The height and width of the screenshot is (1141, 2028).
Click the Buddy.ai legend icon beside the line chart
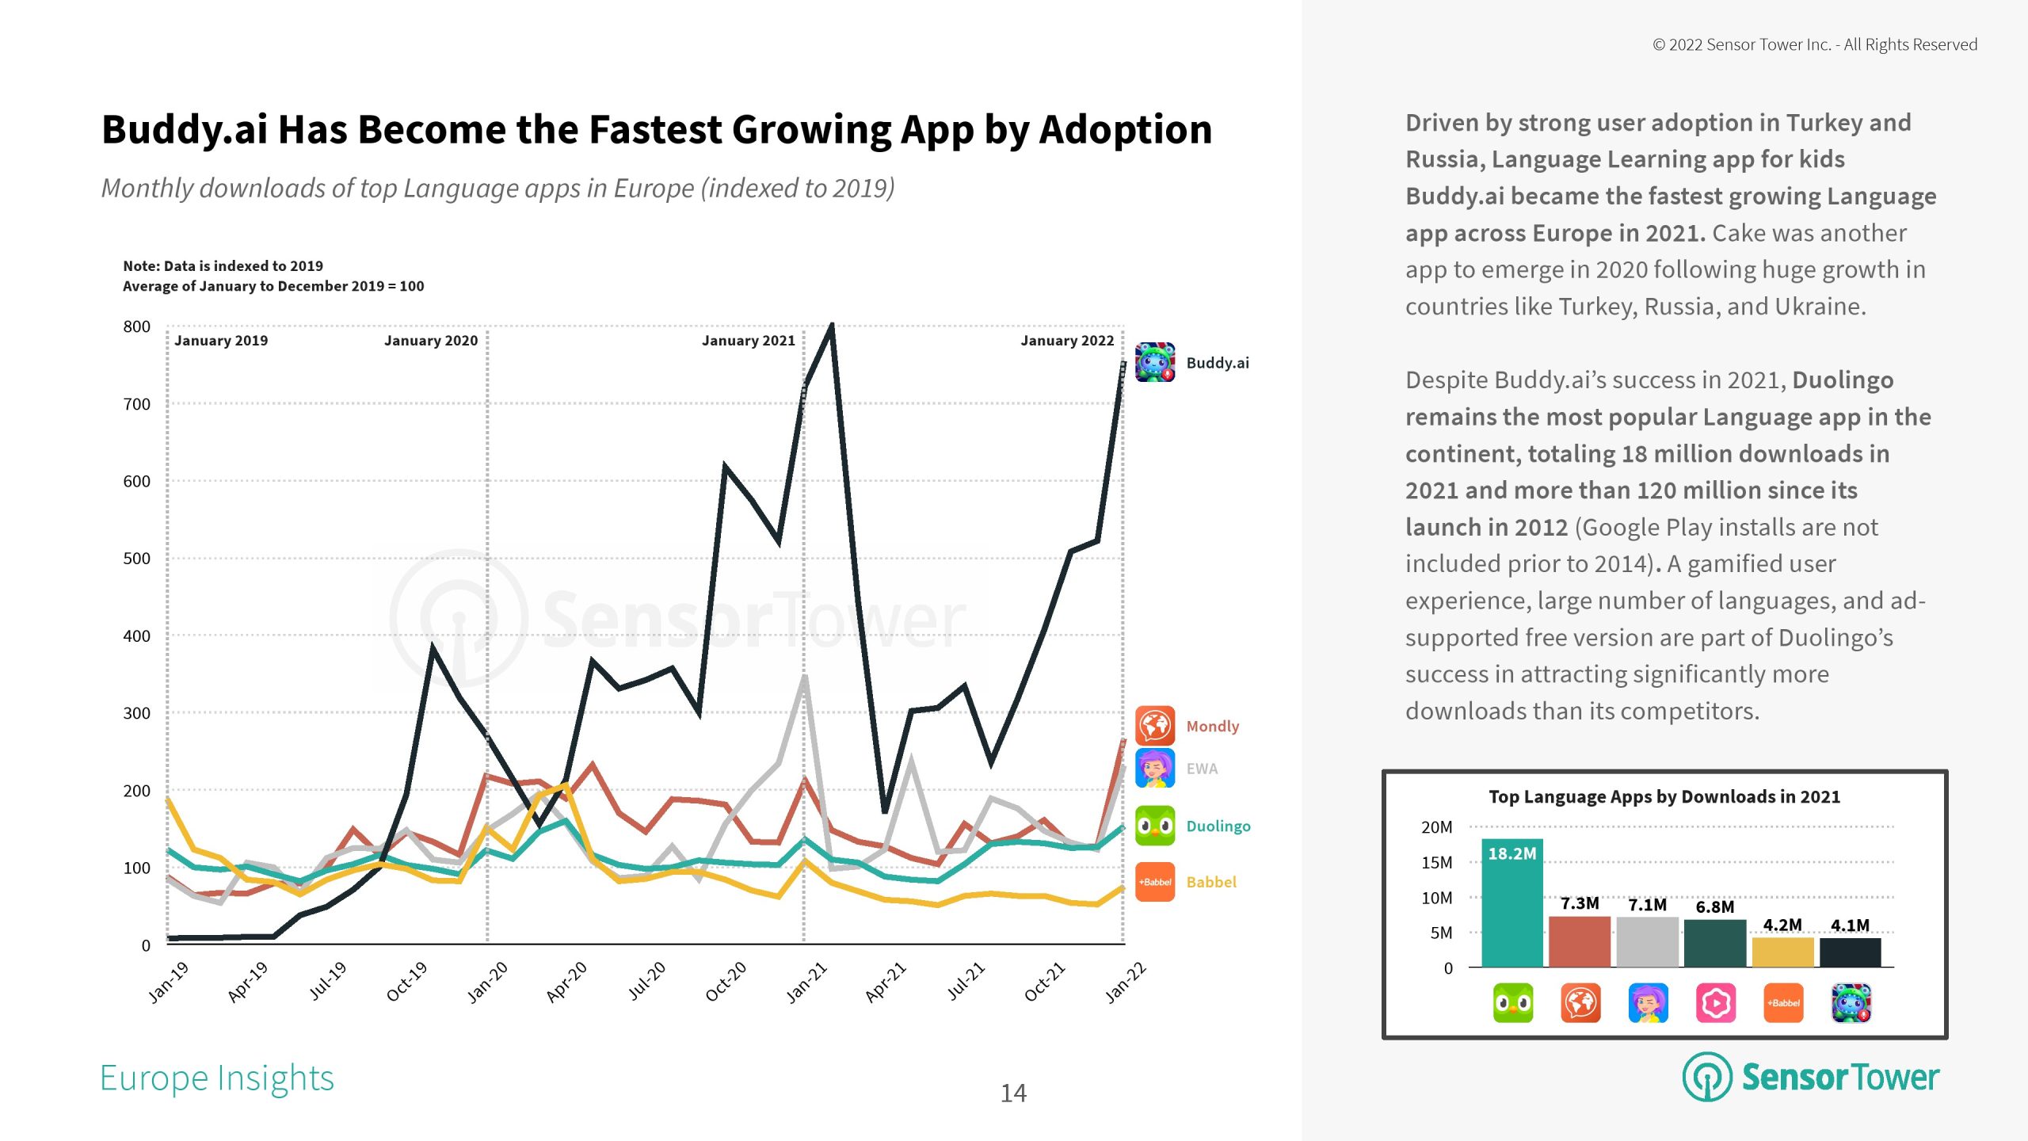[x=1155, y=362]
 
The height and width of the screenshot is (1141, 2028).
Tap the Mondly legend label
[x=1212, y=726]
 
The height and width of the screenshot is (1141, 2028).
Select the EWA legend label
[x=1202, y=769]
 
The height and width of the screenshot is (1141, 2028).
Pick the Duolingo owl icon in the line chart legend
[x=1155, y=826]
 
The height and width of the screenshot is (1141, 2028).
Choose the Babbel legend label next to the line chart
[x=1211, y=882]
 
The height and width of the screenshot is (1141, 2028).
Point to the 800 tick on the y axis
[x=136, y=326]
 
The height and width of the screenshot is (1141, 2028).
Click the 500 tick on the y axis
[x=136, y=559]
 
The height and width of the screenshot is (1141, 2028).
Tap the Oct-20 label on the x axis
[x=726, y=982]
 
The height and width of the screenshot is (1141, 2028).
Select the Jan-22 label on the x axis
[x=1125, y=983]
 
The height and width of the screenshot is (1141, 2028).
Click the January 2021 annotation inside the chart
[x=748, y=341]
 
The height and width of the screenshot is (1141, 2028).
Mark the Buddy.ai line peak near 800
[x=831, y=326]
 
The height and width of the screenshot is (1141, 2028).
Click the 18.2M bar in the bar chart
[x=1511, y=903]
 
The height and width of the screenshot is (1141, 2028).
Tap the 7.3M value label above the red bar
[x=1580, y=903]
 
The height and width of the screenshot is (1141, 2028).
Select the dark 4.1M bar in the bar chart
[x=1850, y=952]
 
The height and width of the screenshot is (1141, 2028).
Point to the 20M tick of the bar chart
[x=1436, y=827]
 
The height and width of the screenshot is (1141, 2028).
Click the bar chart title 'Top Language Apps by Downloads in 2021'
[x=1664, y=796]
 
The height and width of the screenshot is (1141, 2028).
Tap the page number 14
[x=1013, y=1093]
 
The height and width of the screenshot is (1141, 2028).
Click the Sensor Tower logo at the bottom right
[x=1811, y=1077]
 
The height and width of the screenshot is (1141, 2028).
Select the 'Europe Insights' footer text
[x=217, y=1078]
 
